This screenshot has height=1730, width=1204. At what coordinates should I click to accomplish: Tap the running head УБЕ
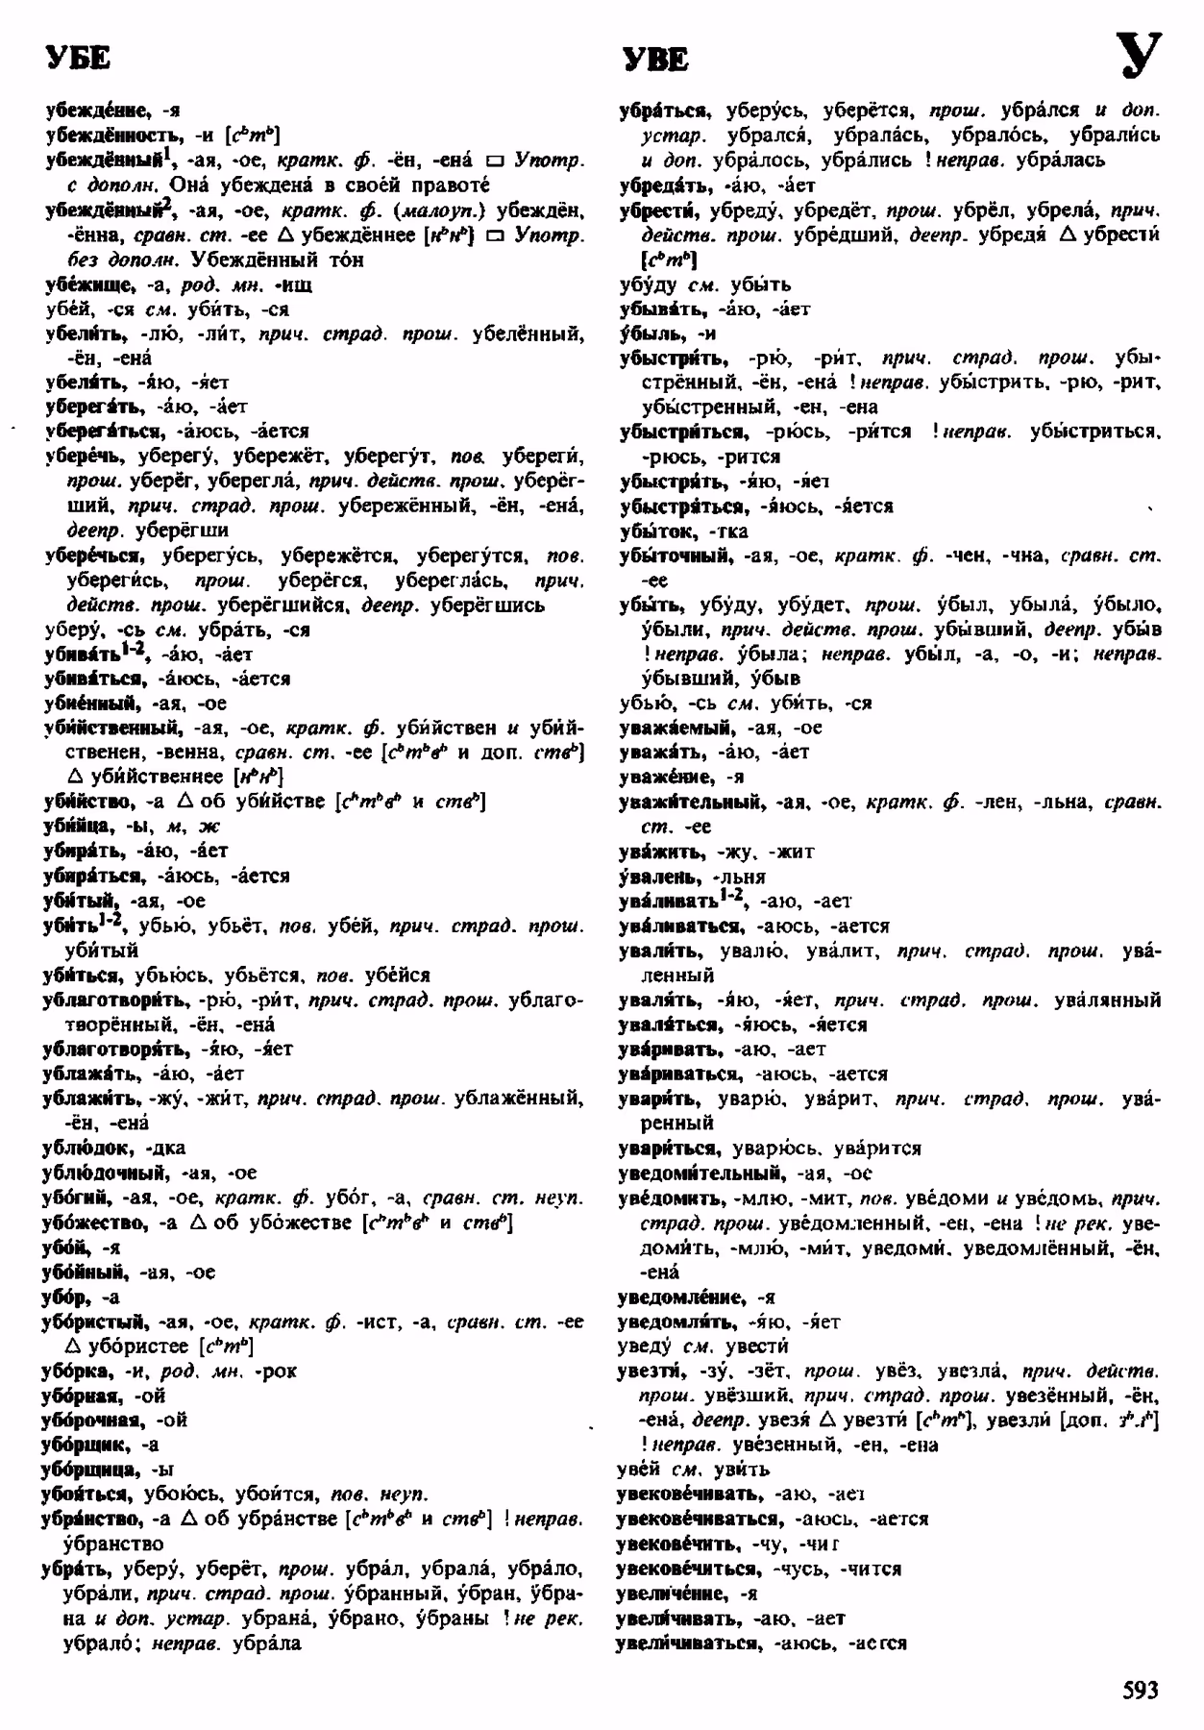[78, 60]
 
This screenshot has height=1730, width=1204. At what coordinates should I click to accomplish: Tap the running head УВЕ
[656, 61]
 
